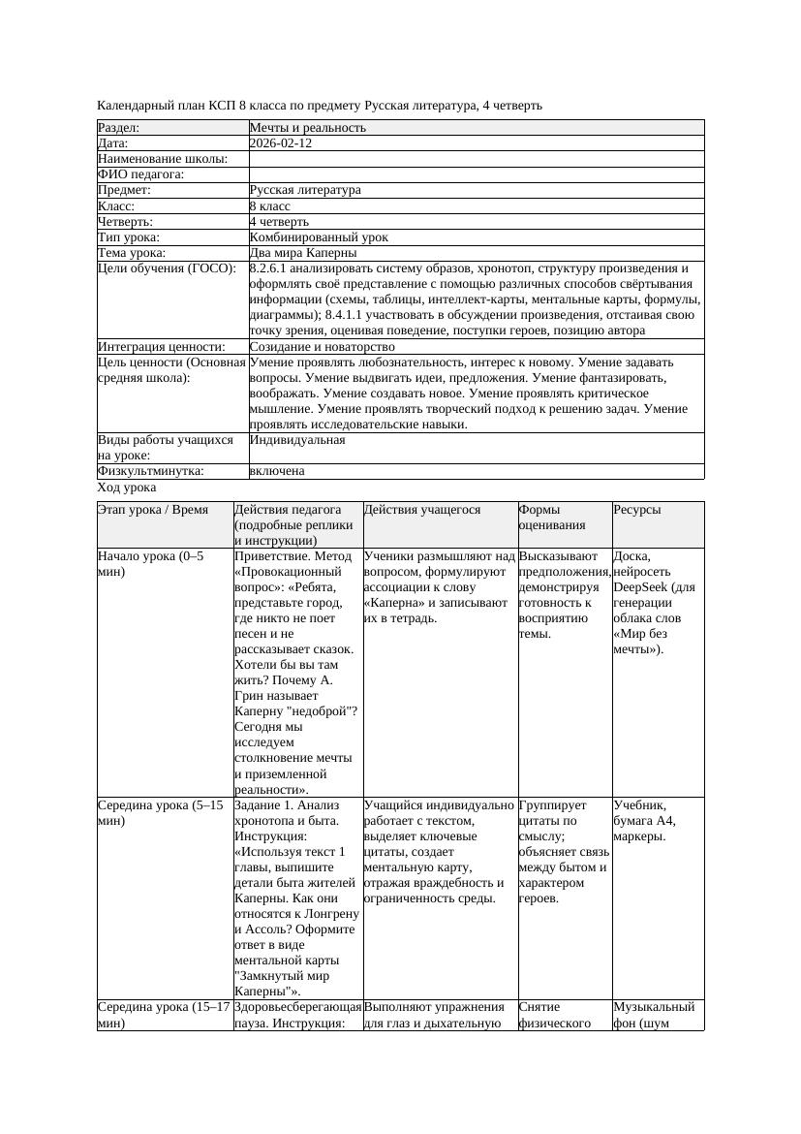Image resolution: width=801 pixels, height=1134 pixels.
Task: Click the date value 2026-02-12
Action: [280, 143]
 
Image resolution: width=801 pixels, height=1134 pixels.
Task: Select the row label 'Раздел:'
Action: [119, 128]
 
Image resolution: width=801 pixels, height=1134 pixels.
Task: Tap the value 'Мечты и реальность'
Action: [308, 128]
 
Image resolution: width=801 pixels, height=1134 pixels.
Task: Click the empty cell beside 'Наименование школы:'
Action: [475, 159]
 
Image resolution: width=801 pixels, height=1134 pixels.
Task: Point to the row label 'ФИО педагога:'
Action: [141, 174]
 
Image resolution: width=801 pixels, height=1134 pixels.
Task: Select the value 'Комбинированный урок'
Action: [319, 237]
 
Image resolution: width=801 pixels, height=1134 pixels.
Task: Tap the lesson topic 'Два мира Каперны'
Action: [303, 253]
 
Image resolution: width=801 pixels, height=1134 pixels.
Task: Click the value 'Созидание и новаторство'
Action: [322, 347]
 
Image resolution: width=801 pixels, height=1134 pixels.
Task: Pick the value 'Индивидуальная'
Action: [297, 440]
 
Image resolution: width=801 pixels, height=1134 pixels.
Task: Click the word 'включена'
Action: [277, 471]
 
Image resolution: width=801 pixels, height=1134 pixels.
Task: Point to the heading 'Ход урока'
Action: [127, 488]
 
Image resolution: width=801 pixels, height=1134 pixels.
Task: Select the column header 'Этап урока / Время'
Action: [153, 510]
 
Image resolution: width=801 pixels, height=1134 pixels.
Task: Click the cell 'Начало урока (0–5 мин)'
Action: [151, 564]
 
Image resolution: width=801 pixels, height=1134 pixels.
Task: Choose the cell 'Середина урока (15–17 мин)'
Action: [161, 1015]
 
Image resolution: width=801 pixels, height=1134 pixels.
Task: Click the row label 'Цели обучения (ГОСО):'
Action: [167, 268]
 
